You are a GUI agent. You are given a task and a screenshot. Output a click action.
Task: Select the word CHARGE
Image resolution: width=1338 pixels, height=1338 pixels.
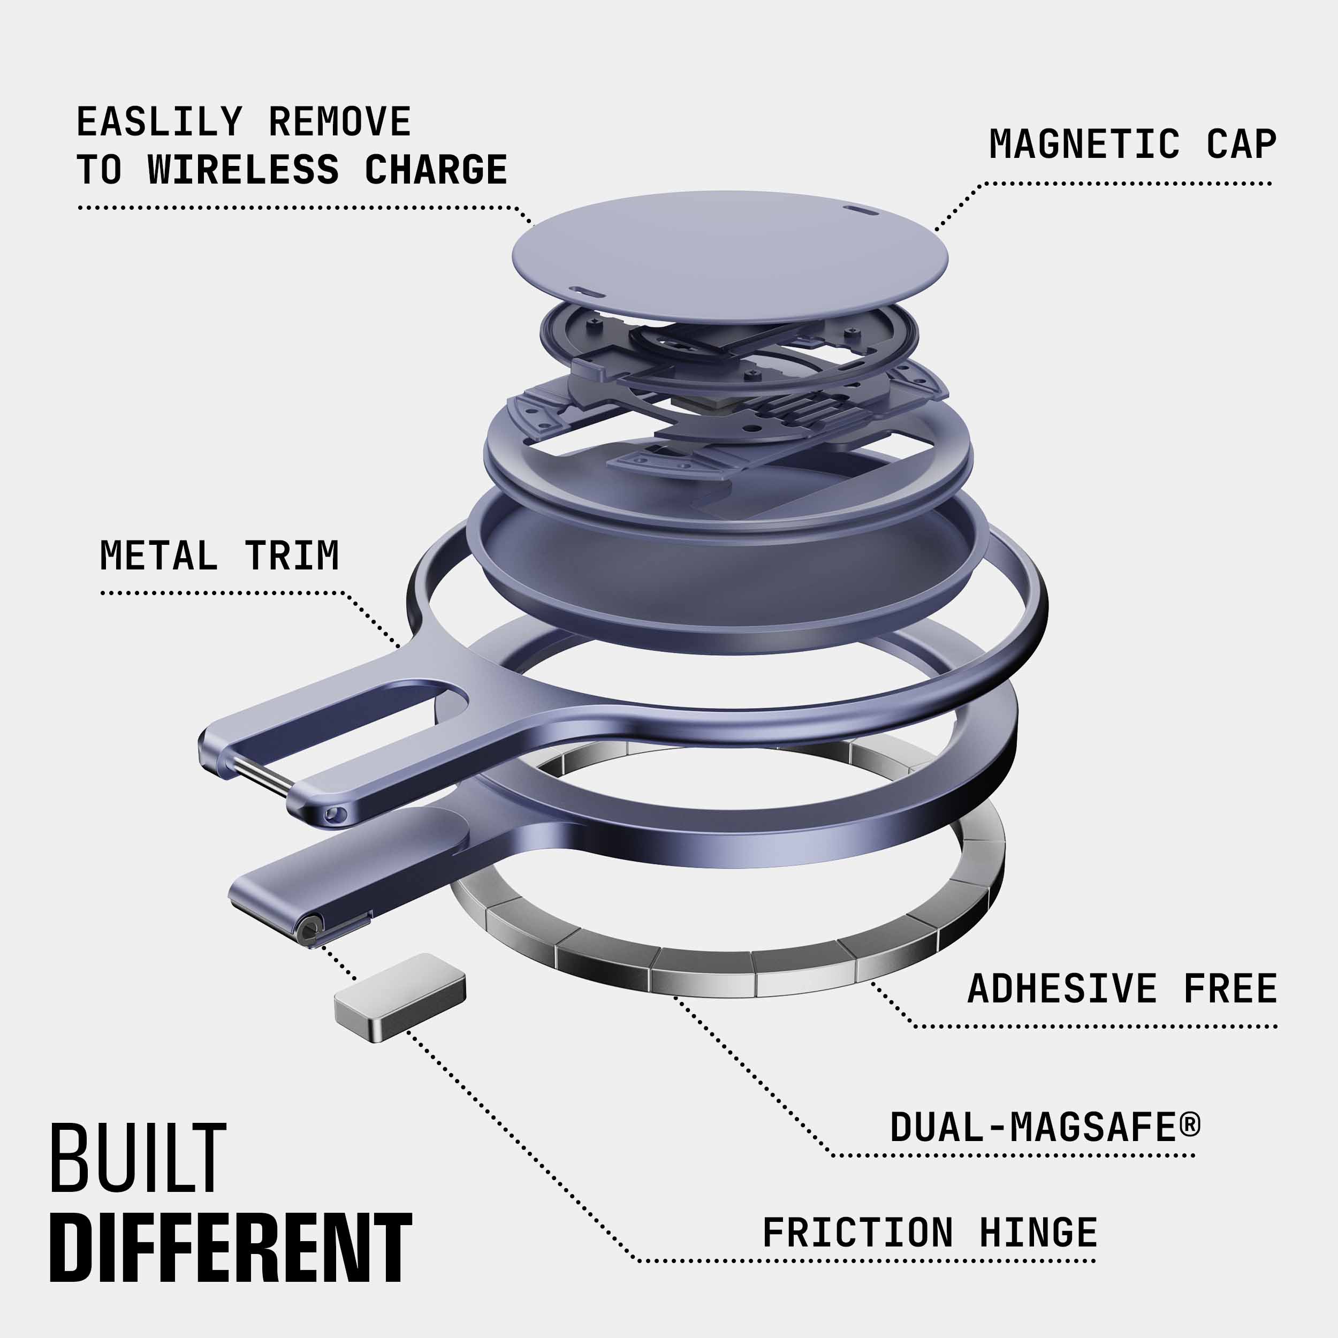coord(436,170)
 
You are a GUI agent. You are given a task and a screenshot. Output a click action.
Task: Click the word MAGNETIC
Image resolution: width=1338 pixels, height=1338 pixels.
coord(1084,144)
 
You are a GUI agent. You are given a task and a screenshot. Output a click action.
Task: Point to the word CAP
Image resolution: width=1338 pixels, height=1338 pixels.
coord(1241,144)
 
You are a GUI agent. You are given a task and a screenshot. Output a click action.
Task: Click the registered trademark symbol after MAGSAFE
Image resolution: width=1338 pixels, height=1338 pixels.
coord(1190,1123)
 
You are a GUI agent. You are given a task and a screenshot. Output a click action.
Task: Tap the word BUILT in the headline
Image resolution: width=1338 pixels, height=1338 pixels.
coord(138,1159)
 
